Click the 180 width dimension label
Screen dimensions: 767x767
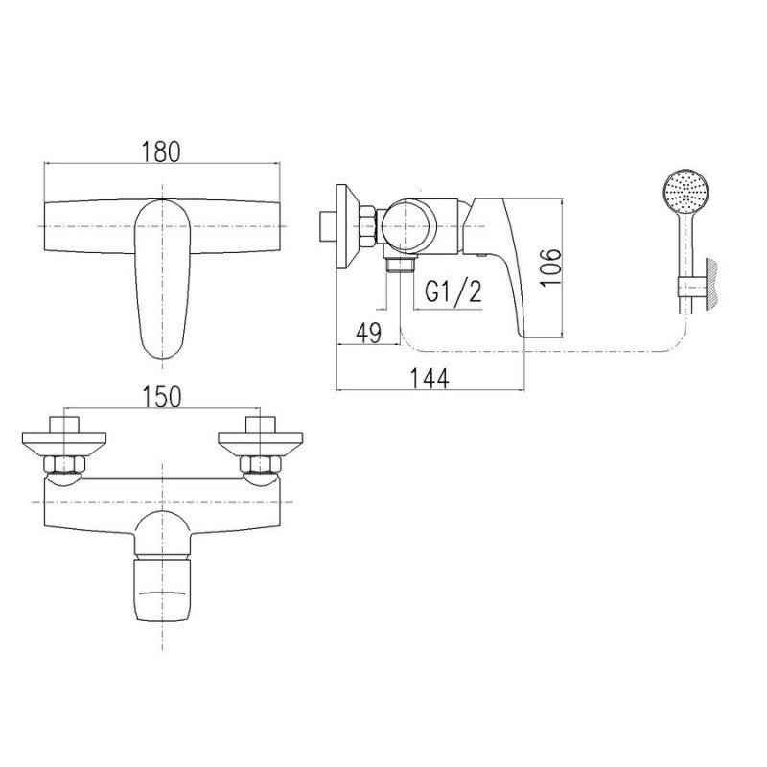[x=161, y=151]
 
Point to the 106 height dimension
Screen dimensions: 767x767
[x=551, y=267]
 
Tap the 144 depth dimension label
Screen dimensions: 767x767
[x=429, y=378]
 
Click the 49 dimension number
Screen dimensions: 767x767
[x=368, y=333]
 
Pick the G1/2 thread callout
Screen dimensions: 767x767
[x=453, y=292]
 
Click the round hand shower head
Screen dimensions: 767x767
[x=686, y=190]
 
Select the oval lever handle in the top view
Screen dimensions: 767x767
[x=161, y=278]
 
